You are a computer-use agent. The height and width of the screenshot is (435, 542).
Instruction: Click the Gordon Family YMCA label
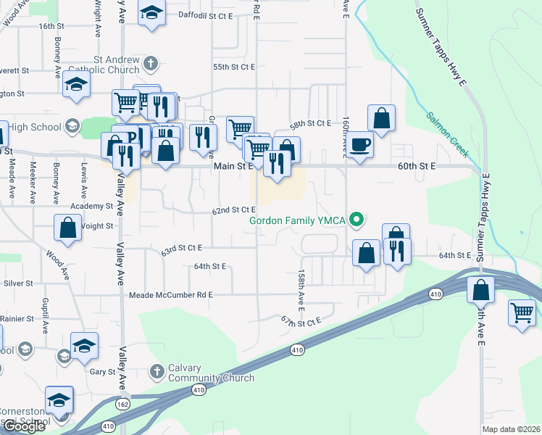click(297, 220)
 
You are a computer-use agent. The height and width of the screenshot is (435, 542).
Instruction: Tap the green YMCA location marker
click(356, 218)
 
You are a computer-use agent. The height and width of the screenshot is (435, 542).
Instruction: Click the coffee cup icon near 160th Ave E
click(360, 144)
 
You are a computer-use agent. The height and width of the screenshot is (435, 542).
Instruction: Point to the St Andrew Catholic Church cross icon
click(151, 63)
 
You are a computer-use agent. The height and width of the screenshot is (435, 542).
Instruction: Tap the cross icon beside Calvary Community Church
click(157, 372)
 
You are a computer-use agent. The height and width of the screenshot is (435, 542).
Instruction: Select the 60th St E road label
click(417, 166)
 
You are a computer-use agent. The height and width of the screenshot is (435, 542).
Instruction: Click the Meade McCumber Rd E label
click(171, 295)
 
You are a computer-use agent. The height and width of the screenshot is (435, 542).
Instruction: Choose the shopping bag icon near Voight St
click(67, 228)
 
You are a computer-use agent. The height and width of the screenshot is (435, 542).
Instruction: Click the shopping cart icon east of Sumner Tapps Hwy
click(522, 312)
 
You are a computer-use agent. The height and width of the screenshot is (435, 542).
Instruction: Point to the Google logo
click(24, 426)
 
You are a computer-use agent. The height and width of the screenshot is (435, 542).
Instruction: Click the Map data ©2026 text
click(511, 429)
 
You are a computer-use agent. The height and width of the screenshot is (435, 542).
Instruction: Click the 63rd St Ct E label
click(181, 248)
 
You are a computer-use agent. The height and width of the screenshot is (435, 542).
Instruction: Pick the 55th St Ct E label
click(234, 67)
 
